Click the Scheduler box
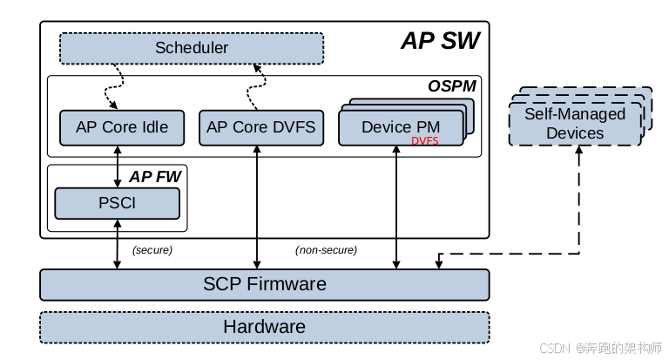point(192,48)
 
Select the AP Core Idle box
point(122,127)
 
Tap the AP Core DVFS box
point(261,127)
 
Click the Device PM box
point(401,127)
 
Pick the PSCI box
point(118,203)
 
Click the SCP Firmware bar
point(265,284)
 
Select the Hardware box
point(265,327)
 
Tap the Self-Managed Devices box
point(575,124)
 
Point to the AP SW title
point(440,41)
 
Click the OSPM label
point(452,86)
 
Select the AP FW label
point(155,177)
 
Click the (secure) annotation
point(152,250)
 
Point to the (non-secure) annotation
point(326,250)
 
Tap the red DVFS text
point(424,141)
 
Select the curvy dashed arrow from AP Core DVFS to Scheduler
point(256,86)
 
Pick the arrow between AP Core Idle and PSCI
point(118,166)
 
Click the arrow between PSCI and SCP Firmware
point(118,244)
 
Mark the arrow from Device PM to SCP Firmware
point(396,207)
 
